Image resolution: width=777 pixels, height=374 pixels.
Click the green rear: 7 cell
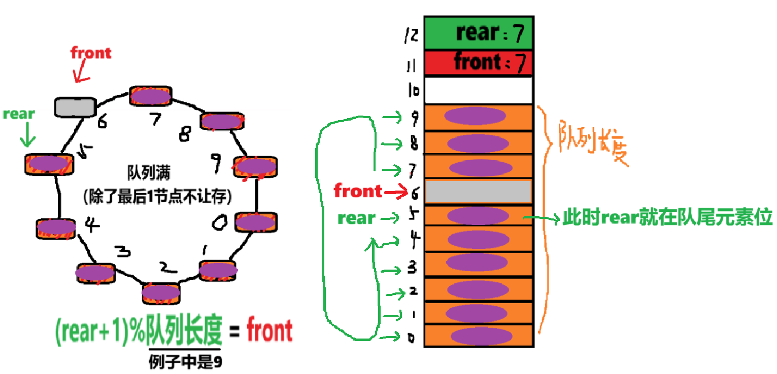478,33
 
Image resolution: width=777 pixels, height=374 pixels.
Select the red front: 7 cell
478,63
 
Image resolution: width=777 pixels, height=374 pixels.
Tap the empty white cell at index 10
478,91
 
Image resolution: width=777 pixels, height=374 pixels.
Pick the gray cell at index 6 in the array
478,192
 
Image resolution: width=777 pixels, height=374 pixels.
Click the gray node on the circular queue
75,107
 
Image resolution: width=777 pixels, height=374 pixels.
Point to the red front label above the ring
91,52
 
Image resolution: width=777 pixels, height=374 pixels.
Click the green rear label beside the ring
19,114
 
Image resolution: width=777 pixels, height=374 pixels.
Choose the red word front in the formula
269,331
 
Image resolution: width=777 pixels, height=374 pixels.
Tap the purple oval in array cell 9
475,116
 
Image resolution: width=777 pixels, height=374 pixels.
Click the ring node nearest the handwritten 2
161,293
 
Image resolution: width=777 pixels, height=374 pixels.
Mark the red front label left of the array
357,191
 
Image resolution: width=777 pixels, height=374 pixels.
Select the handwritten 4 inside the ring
92,225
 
